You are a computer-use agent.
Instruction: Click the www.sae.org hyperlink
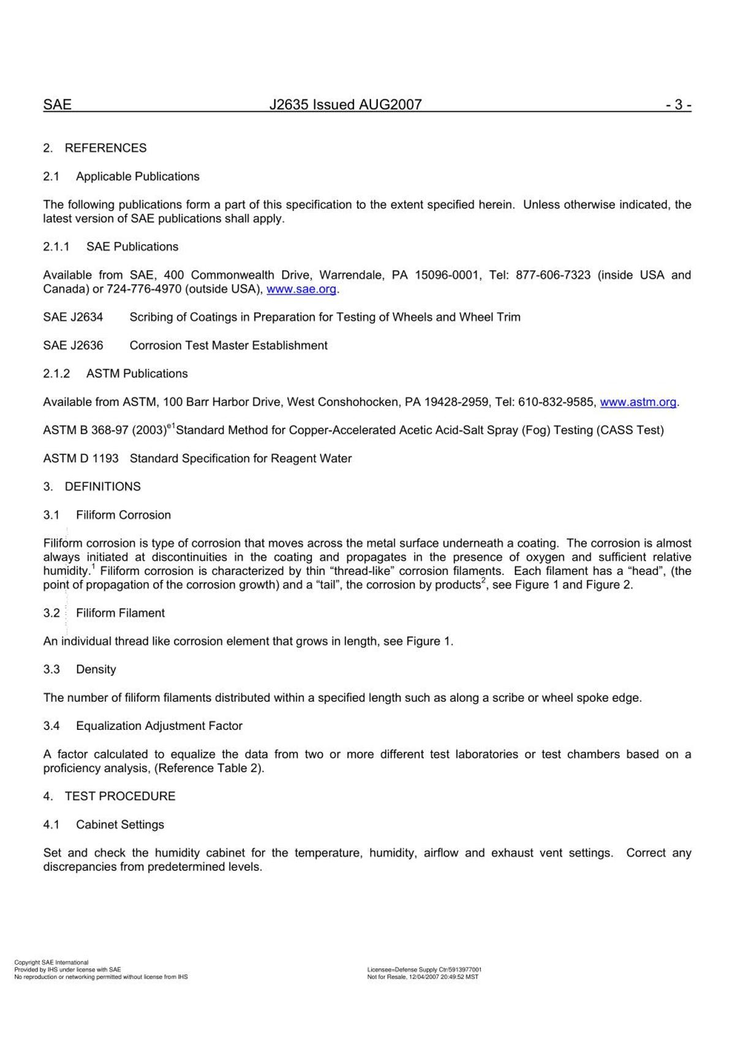coord(301,289)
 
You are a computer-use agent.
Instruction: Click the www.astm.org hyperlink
coord(638,402)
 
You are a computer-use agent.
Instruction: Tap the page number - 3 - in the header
coord(679,105)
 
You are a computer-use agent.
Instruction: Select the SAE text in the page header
coord(58,105)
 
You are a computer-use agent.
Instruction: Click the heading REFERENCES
coord(105,148)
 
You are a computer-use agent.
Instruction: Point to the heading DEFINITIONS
coord(102,487)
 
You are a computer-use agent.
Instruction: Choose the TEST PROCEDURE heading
coord(119,796)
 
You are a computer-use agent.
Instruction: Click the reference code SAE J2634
coord(73,317)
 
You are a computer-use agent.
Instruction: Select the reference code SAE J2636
coord(73,346)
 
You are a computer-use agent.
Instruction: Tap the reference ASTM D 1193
coord(81,458)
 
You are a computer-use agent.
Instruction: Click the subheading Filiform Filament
coord(120,613)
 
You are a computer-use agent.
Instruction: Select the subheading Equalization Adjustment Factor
coord(159,726)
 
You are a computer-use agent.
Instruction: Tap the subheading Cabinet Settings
coord(119,824)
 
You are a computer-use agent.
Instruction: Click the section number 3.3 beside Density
coord(51,669)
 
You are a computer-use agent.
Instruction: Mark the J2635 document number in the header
coord(290,105)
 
